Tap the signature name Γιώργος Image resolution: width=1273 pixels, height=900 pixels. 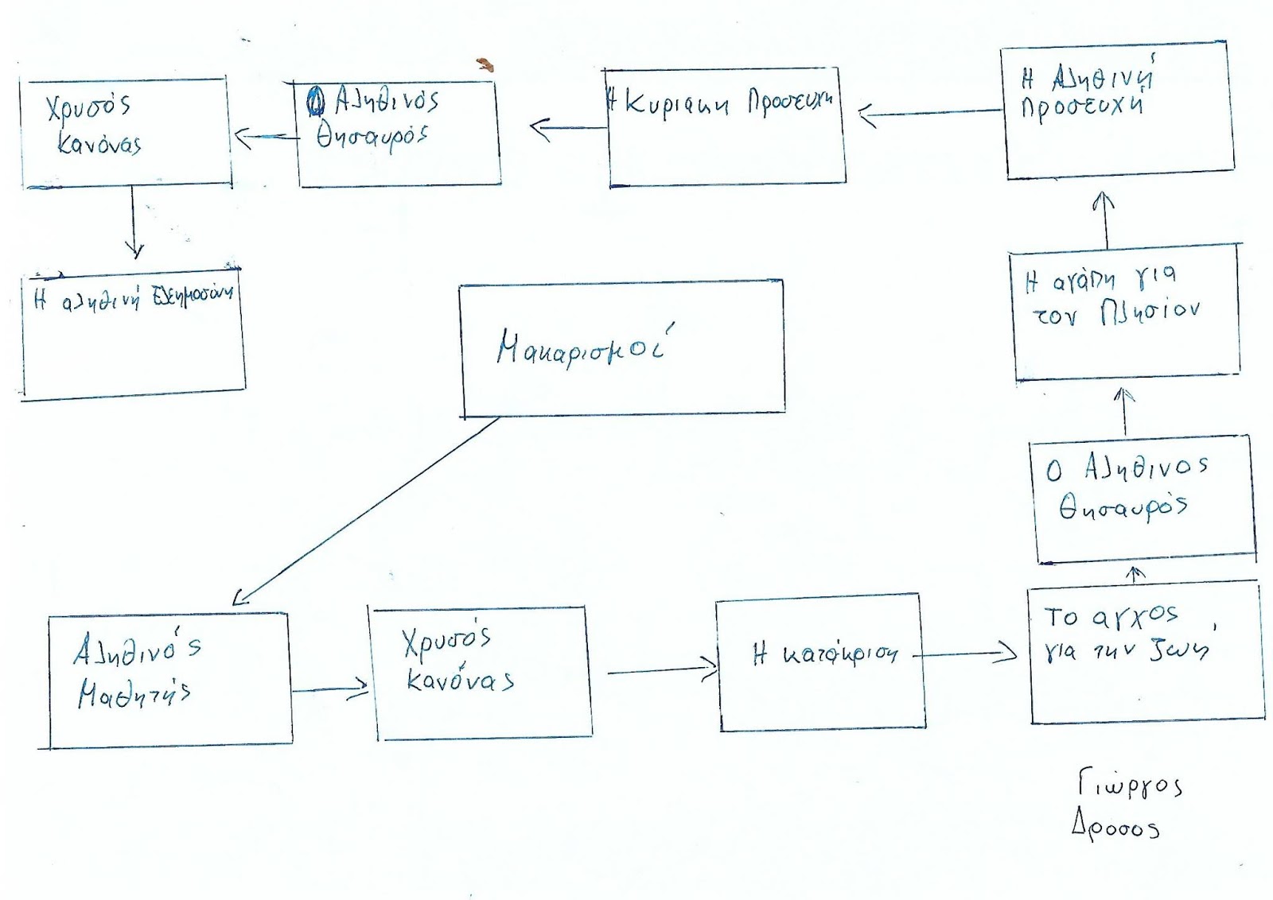[x=1130, y=785]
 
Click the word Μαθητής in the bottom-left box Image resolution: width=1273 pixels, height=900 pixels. [x=134, y=693]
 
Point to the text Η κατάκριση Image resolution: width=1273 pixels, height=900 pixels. [x=825, y=654]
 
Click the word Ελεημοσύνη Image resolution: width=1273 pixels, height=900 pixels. [x=189, y=294]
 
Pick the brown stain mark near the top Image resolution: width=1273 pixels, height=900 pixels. [x=485, y=65]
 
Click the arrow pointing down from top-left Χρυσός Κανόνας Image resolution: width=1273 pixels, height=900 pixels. [x=133, y=223]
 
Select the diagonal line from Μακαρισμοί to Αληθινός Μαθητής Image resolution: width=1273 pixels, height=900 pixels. [x=366, y=509]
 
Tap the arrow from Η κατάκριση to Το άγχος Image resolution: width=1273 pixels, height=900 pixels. [x=967, y=654]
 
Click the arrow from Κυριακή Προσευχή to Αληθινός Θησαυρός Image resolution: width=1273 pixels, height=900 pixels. [x=569, y=127]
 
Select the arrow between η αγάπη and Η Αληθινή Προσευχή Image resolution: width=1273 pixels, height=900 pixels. [x=1105, y=219]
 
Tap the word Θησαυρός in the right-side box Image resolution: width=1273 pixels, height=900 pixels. [x=1123, y=506]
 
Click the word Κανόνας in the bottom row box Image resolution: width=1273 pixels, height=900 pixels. [x=460, y=680]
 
